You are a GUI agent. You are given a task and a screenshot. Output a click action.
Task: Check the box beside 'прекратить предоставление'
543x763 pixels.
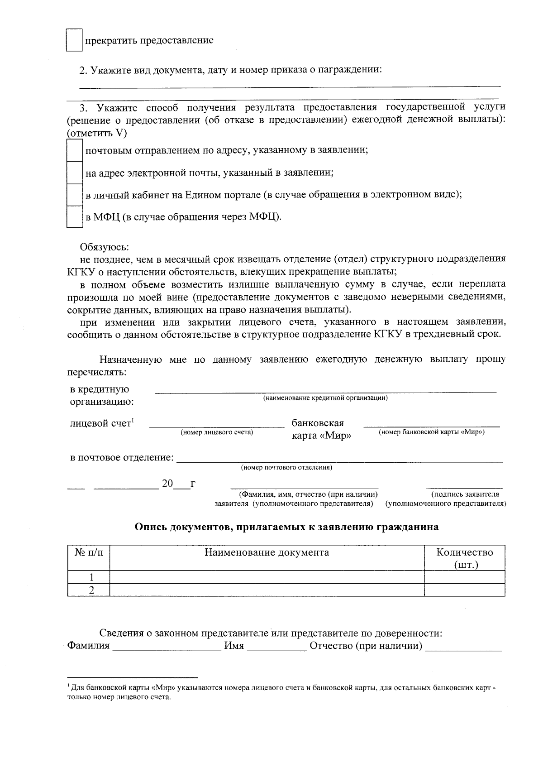click(74, 40)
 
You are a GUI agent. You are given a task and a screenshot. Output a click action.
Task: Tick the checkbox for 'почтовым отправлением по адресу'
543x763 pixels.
click(74, 151)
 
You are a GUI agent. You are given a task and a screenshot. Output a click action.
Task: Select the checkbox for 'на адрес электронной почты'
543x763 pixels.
click(74, 173)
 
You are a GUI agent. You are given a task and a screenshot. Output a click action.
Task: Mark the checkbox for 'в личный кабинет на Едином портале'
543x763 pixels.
click(74, 195)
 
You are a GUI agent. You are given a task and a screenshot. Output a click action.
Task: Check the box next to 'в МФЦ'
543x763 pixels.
click(74, 217)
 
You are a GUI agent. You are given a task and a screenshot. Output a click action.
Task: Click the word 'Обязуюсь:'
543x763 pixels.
click(105, 247)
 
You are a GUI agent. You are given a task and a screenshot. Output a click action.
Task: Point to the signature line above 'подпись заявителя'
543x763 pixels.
click(465, 486)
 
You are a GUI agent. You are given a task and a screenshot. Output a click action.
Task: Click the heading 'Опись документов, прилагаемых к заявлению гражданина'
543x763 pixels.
click(286, 527)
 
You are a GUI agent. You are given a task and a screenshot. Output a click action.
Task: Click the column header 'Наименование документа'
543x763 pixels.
click(267, 553)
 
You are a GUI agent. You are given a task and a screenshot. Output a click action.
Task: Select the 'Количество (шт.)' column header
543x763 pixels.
click(465, 558)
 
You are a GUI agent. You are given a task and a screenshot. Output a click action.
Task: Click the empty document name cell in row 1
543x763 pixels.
click(267, 577)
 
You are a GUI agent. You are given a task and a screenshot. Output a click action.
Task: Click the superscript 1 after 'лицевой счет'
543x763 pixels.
click(133, 421)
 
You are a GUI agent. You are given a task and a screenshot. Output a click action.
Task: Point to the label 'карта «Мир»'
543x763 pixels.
click(321, 437)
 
